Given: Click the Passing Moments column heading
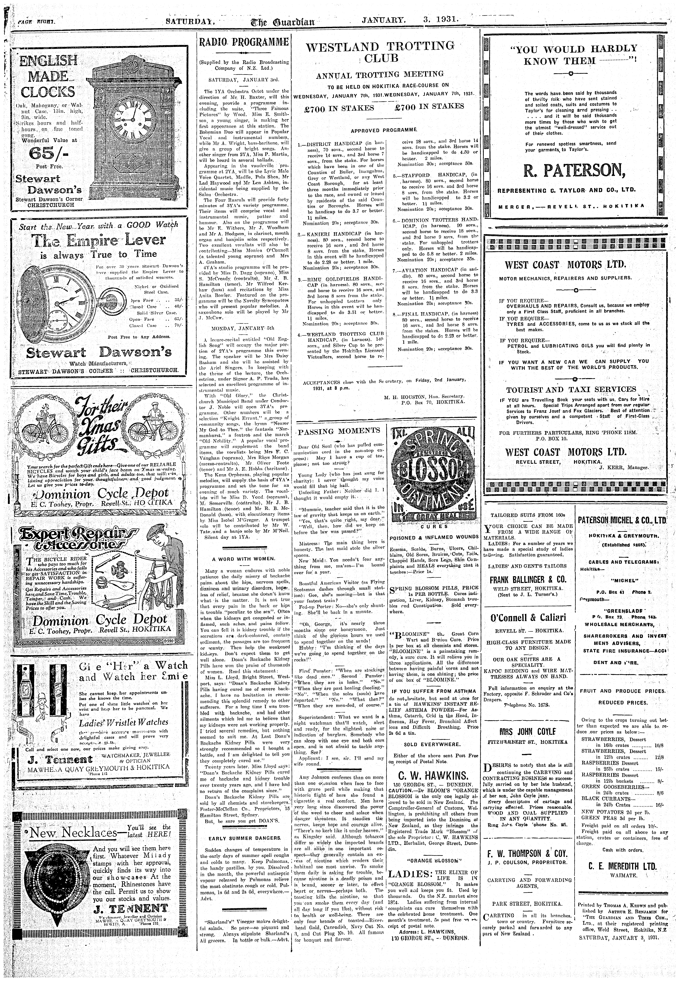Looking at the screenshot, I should point(339,430).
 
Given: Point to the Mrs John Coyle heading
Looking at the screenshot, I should point(527,731).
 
